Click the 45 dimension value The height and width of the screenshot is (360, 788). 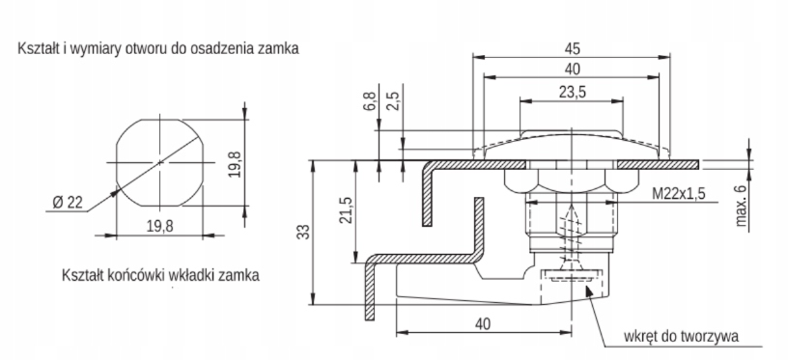[572, 48]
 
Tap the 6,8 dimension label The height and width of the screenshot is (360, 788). [372, 101]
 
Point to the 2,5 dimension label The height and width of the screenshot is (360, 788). [396, 101]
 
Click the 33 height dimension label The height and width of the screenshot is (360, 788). [303, 232]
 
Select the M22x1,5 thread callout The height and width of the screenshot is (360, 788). [679, 193]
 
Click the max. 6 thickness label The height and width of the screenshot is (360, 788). [741, 205]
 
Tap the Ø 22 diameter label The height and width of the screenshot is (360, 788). [67, 203]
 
